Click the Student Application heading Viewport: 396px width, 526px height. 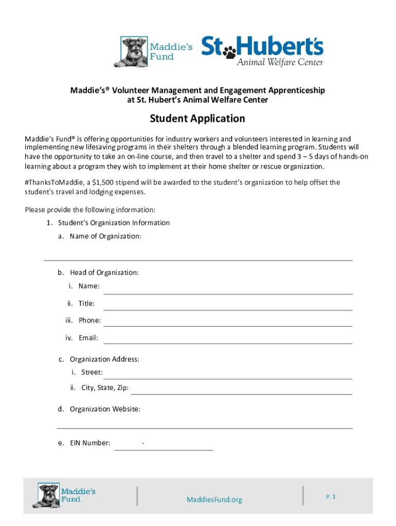pos(197,119)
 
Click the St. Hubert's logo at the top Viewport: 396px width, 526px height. pos(262,51)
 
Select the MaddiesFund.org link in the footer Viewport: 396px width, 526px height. pos(214,500)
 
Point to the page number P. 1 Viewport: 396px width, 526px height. pos(331,497)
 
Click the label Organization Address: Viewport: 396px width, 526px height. pos(104,359)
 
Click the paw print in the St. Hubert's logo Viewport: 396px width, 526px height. pos(229,50)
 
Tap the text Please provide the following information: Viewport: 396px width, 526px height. pos(90,210)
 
